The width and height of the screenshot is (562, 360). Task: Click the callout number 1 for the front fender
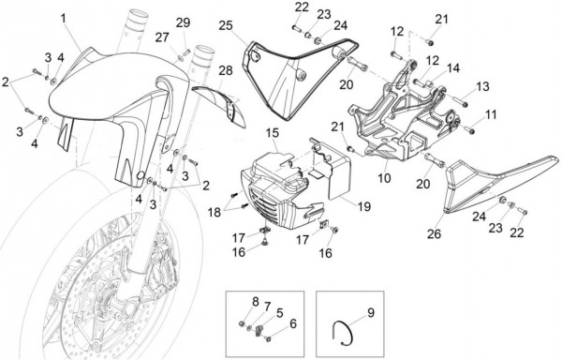click(x=64, y=18)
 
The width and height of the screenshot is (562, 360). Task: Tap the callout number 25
click(x=226, y=26)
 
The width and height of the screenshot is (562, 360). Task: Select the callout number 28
click(x=226, y=70)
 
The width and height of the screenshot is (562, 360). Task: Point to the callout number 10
click(x=384, y=178)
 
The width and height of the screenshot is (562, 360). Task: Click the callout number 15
click(x=272, y=133)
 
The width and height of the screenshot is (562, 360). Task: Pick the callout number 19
click(x=364, y=206)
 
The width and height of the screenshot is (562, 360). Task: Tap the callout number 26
click(x=434, y=233)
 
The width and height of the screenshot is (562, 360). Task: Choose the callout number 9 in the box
click(x=371, y=313)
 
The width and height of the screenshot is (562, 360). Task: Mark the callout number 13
click(x=482, y=86)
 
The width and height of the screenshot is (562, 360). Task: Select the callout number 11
click(x=491, y=114)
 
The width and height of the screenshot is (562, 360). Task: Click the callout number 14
click(x=453, y=68)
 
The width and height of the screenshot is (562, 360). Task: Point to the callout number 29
click(x=183, y=22)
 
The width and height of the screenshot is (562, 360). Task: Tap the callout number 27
click(x=162, y=37)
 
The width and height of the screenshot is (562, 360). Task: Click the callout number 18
click(x=214, y=212)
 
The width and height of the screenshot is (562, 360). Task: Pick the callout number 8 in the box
click(x=255, y=302)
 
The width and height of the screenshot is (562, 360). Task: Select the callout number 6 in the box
click(x=293, y=323)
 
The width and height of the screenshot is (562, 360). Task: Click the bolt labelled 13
click(x=460, y=100)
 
